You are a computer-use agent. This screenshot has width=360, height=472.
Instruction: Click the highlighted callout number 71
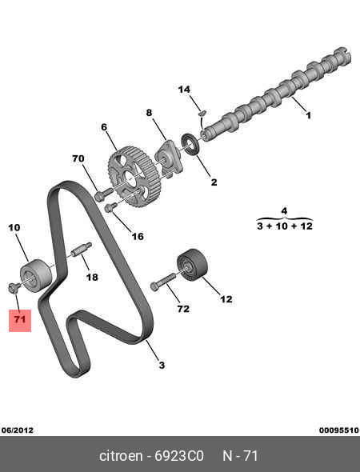(20, 319)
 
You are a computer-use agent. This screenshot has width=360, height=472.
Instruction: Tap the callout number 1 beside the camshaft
(308, 115)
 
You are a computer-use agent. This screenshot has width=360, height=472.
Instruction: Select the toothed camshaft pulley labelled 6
(134, 177)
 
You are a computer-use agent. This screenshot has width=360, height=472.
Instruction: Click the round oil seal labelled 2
(190, 144)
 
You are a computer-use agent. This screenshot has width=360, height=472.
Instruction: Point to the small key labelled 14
(202, 113)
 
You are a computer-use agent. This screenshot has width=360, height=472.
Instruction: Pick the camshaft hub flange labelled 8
(168, 158)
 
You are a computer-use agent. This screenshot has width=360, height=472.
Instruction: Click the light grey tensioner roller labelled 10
(35, 275)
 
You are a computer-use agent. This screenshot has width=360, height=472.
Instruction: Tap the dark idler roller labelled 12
(192, 265)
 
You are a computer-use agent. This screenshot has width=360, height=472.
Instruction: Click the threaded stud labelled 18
(82, 249)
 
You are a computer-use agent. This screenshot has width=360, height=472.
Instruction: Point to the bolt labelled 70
(103, 194)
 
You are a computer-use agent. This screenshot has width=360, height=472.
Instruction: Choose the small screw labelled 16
(110, 207)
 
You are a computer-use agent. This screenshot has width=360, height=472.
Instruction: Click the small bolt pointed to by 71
(14, 287)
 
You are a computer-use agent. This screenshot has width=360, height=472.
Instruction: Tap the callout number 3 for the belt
(162, 365)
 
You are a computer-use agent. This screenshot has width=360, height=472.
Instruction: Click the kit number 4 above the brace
(284, 211)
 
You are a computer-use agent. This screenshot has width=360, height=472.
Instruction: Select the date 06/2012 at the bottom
(18, 430)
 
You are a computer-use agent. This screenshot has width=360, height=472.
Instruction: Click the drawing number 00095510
(339, 430)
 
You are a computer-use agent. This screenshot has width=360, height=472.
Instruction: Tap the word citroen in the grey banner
(121, 456)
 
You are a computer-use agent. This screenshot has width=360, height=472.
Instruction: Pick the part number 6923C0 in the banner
(179, 456)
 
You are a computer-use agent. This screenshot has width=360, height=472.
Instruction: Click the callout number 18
(92, 277)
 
